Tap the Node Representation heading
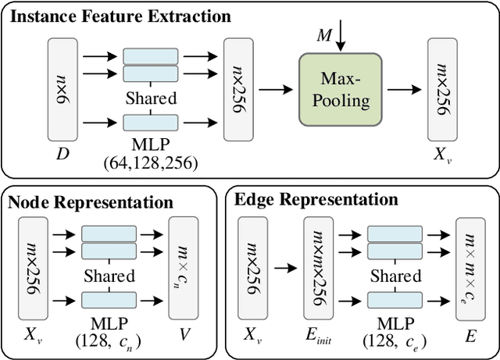(x=90, y=202)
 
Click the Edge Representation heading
(x=316, y=200)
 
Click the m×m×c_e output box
(x=469, y=267)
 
